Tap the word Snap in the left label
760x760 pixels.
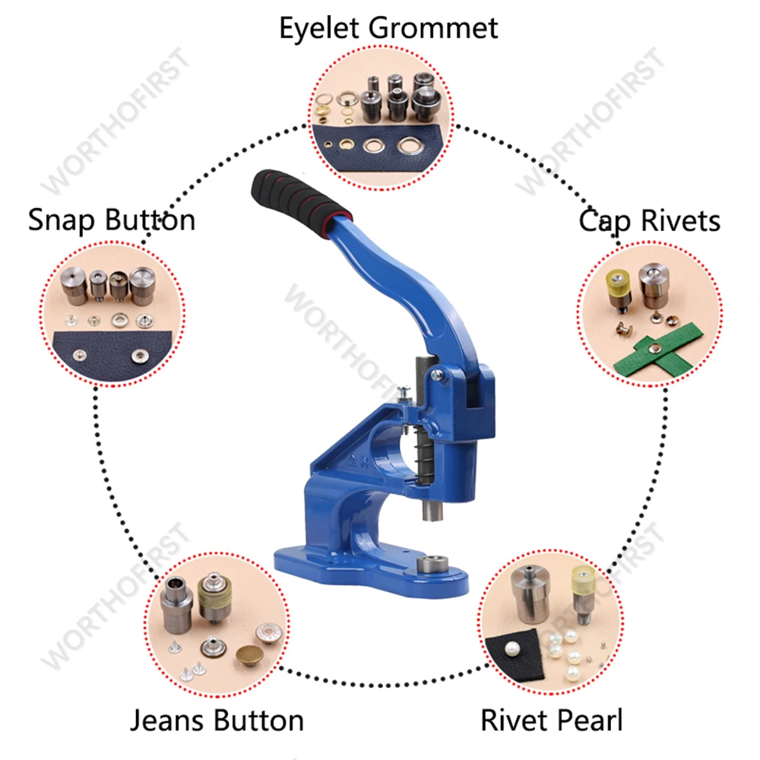63,220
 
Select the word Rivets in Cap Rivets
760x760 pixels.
681,221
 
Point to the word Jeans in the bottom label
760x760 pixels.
172,720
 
